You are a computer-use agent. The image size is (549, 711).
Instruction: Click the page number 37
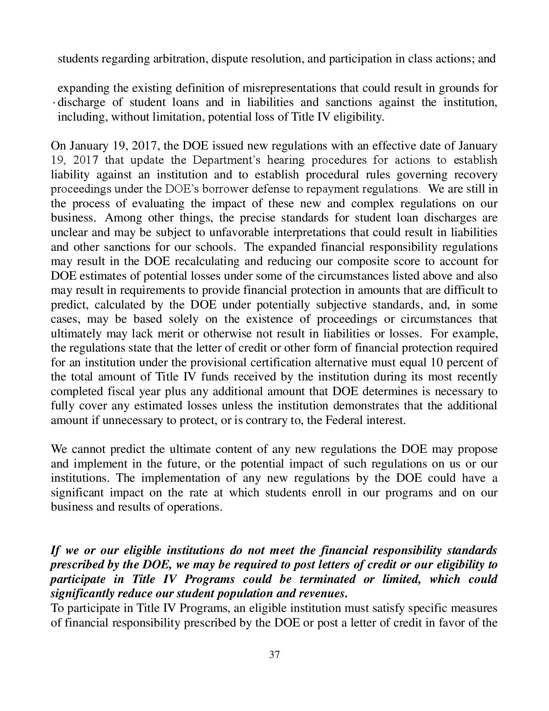click(275, 655)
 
